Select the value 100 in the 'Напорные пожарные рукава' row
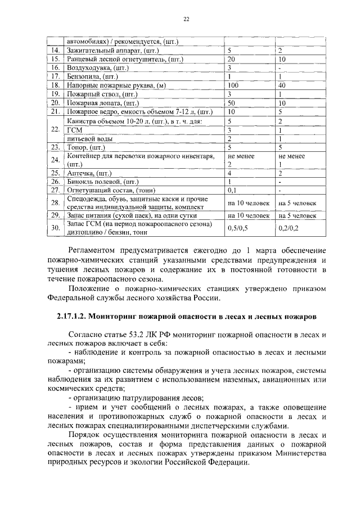[x=234, y=85]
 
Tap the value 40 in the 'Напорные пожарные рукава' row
[x=283, y=85]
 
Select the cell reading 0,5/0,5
[x=237, y=228]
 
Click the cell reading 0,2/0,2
[x=289, y=228]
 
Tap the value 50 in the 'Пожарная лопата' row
[x=231, y=103]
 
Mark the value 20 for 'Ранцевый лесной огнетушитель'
[x=231, y=58]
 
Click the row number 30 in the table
[x=55, y=228]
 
